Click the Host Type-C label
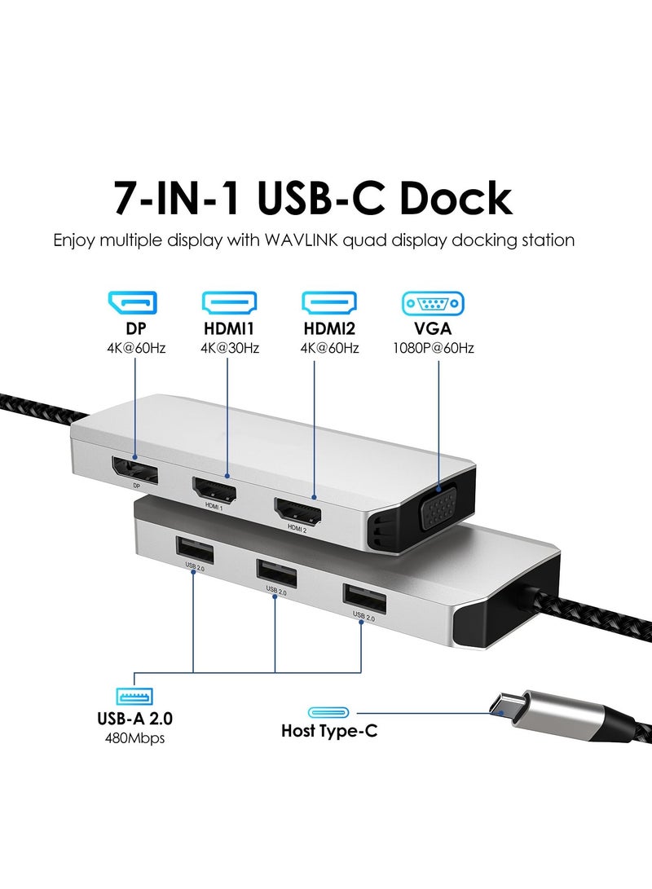tap(329, 730)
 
